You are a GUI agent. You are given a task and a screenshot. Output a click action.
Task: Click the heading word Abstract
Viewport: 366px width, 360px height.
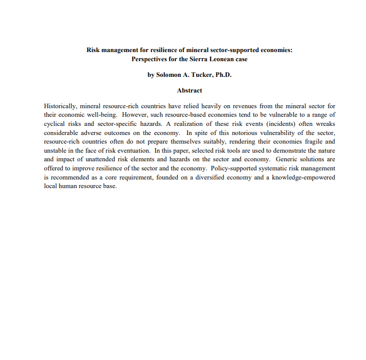[190, 91]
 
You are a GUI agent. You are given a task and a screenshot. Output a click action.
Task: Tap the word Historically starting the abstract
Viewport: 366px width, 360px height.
[60, 107]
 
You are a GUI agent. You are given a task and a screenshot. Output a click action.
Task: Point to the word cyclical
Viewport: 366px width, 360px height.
[55, 123]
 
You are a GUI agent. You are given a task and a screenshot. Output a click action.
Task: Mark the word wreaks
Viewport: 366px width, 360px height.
[324, 123]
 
